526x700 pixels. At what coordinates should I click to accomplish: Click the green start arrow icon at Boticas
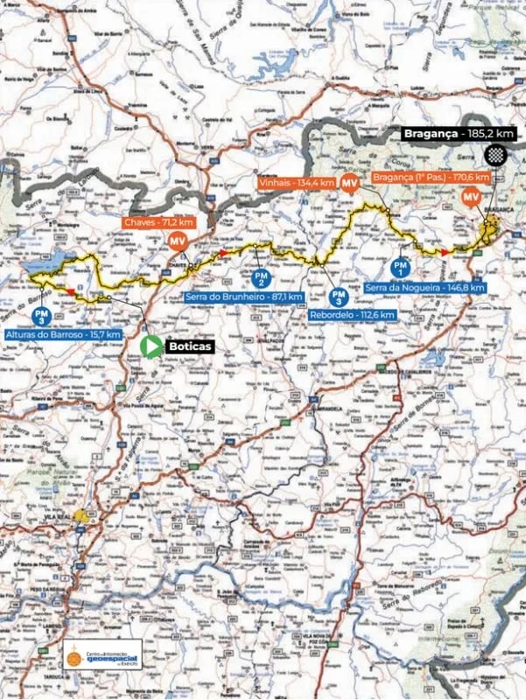pos(151,346)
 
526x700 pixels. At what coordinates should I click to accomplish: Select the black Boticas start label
pos(190,346)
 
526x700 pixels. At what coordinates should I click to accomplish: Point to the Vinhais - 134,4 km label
pos(298,183)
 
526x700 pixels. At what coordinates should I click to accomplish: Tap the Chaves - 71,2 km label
pos(158,223)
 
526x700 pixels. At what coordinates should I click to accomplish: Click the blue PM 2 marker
pos(260,277)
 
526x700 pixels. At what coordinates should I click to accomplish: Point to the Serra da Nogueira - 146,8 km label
pos(417,286)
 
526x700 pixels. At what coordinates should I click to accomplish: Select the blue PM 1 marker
pos(400,266)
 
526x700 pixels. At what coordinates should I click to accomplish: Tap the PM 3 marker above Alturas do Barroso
pos(39,315)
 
